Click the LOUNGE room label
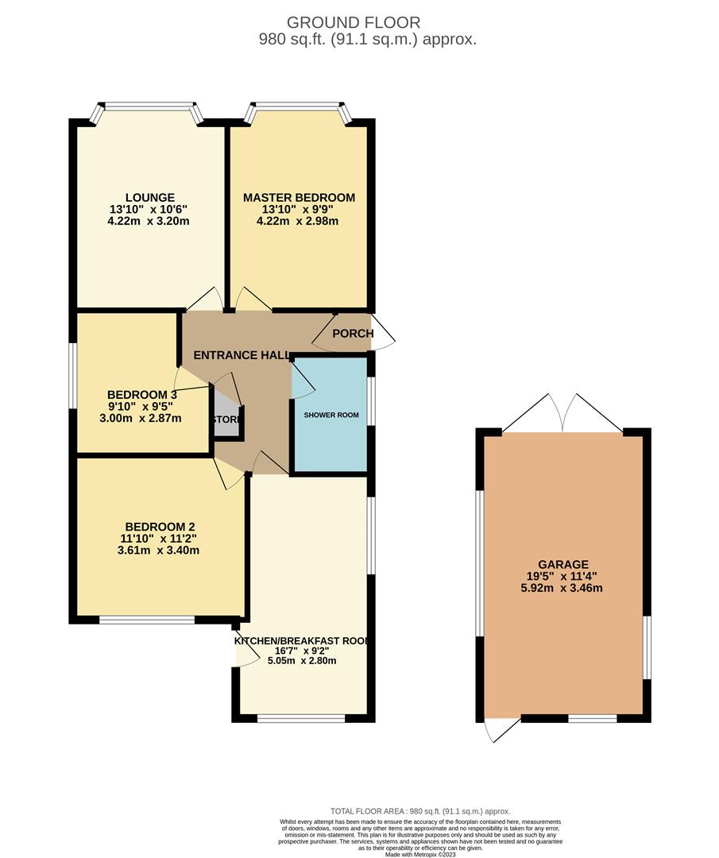tap(149, 198)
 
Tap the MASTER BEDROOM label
tap(299, 198)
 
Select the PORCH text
tap(352, 334)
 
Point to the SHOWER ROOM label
tap(331, 415)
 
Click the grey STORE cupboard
tap(226, 419)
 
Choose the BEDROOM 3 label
tap(142, 395)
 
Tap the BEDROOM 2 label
tap(160, 527)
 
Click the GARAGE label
tap(562, 565)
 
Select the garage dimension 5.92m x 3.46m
tap(562, 588)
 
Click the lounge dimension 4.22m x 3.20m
tap(149, 221)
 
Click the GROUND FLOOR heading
tap(354, 22)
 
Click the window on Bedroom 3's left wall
tap(73, 385)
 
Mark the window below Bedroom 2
tap(147, 620)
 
